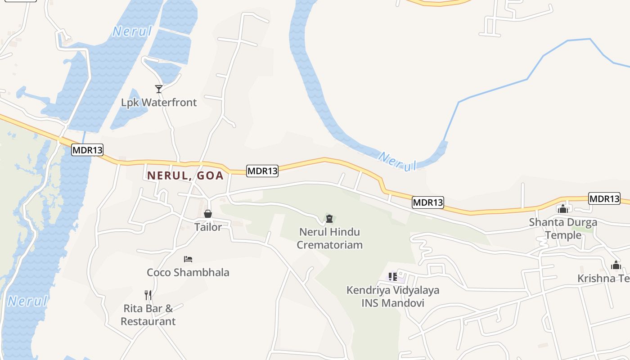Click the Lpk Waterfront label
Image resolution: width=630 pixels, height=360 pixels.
click(159, 103)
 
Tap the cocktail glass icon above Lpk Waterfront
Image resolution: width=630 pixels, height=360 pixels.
click(158, 89)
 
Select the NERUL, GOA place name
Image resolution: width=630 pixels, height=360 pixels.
click(185, 175)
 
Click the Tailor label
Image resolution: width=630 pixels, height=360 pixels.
click(208, 227)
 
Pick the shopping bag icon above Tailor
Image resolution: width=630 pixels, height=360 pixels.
click(208, 214)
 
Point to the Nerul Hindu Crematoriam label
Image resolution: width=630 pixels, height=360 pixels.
click(330, 238)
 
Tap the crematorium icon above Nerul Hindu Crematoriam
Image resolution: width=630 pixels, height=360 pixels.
click(330, 219)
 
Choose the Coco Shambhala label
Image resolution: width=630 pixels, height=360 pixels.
click(188, 272)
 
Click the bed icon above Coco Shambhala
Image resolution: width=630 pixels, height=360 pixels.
click(188, 259)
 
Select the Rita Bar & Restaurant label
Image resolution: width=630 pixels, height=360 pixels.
click(148, 315)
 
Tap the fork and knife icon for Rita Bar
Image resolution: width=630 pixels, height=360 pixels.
click(148, 295)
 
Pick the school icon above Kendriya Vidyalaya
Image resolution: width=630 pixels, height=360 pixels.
click(393, 276)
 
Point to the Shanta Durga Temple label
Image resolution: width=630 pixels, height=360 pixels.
click(563, 229)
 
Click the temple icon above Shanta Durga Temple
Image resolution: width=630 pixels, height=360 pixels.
click(563, 208)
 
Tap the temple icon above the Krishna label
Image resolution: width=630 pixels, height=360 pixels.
click(616, 265)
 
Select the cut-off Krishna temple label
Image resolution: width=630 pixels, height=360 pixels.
click(603, 279)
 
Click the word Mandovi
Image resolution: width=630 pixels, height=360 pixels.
click(402, 303)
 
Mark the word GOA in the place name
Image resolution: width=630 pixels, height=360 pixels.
click(211, 175)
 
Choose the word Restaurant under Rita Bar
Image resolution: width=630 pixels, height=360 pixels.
click(148, 321)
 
